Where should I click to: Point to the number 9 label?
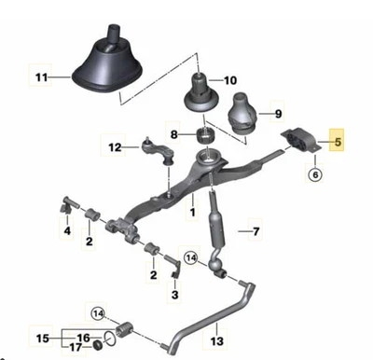(276, 114)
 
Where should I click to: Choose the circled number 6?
(314, 173)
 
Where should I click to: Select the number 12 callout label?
(116, 146)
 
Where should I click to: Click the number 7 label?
(258, 229)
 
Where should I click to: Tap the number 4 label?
(67, 229)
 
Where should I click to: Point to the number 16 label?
(83, 337)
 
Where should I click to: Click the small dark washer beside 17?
(96, 350)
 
